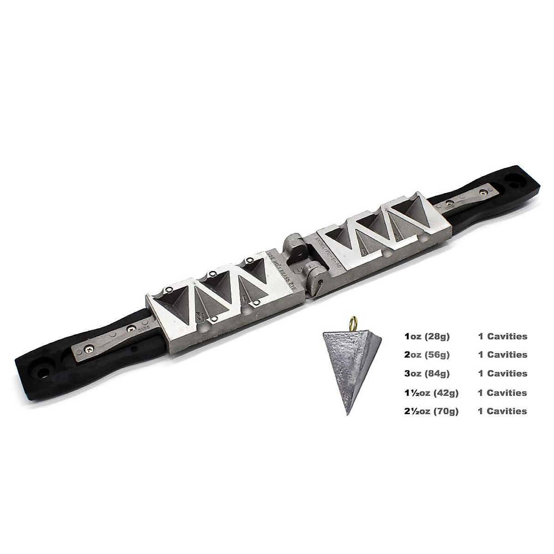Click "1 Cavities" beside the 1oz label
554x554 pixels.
pyautogui.click(x=502, y=337)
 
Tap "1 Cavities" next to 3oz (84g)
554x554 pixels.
pyautogui.click(x=502, y=373)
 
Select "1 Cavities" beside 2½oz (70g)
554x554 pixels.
pyautogui.click(x=502, y=411)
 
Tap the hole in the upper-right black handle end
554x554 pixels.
pyautogui.click(x=514, y=179)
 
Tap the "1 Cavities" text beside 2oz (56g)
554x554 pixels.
pyautogui.click(x=502, y=355)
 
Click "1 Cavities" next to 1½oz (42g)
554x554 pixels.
pyautogui.click(x=502, y=392)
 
